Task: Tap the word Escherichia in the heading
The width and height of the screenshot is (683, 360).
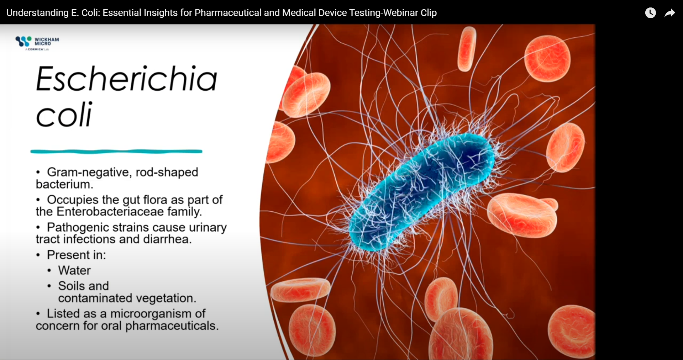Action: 126,79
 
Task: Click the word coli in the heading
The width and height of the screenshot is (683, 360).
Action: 64,115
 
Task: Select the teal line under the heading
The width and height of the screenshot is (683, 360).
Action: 116,152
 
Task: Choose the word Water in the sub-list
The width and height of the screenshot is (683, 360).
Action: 74,270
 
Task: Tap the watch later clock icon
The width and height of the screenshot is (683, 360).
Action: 650,13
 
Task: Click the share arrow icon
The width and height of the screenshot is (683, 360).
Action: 669,13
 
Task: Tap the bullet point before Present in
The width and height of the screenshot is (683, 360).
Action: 38,255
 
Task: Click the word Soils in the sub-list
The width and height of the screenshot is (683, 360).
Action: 71,286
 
